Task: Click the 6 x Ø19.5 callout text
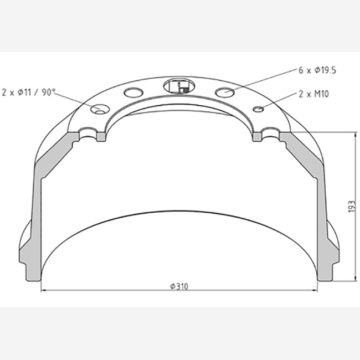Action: (317, 70)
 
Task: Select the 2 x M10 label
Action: (313, 94)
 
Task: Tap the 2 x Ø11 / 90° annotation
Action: (29, 92)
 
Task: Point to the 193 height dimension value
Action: (352, 207)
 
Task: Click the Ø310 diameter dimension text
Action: (179, 286)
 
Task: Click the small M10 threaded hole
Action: (258, 109)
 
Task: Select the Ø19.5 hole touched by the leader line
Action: (225, 92)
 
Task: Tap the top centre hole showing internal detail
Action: (179, 86)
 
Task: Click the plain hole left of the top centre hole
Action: (133, 92)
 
